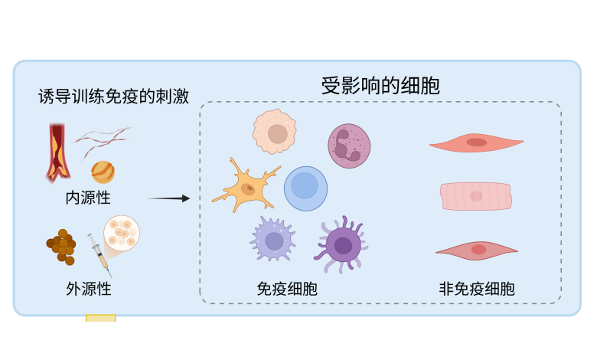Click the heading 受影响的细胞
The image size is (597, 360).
pos(380,86)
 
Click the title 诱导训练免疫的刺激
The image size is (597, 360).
pos(113,97)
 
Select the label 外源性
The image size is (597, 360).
pos(89,289)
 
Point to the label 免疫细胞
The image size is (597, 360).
pos(287,289)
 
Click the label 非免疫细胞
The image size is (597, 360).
pos(476,289)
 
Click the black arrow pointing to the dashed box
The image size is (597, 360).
pos(168,198)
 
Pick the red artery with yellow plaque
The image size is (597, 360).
pos(57,152)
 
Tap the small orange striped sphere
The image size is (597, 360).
pos(103,172)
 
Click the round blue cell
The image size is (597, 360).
pos(305,188)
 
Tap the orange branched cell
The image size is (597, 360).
pos(246,188)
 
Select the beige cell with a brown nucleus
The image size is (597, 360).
pos(274,132)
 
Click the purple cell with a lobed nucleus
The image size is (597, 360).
pos(349,146)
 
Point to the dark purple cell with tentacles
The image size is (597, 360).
pos(341,245)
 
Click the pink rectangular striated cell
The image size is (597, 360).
pos(475,196)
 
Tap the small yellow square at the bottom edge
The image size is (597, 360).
pos(100,319)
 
